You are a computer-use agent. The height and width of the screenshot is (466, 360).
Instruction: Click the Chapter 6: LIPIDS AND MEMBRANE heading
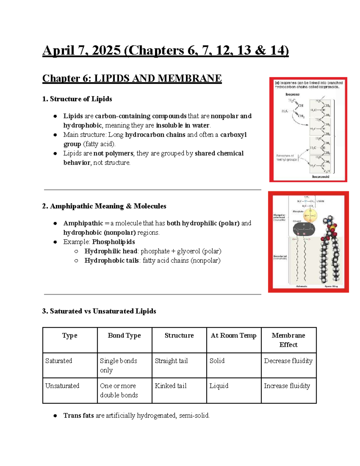[132, 78]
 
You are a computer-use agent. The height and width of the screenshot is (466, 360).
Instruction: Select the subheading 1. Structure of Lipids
[77, 99]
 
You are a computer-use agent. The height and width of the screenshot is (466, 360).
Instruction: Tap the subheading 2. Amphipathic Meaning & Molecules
[104, 206]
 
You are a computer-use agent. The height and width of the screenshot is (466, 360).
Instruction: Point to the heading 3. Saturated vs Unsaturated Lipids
[99, 311]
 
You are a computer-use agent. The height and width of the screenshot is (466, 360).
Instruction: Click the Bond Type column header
[124, 335]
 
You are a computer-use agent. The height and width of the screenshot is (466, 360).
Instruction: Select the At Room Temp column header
[233, 335]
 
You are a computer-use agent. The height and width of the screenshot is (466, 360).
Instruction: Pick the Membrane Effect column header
[288, 340]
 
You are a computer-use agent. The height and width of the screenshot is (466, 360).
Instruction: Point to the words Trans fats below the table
[79, 416]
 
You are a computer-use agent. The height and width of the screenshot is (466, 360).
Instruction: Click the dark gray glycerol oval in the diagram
[304, 230]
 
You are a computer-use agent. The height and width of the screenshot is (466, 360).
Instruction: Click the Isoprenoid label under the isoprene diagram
[320, 177]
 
